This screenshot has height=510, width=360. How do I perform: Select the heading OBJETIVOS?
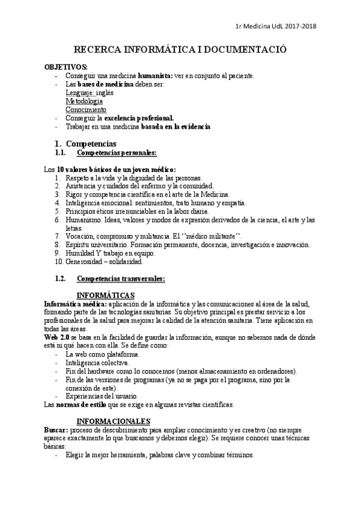tap(66, 66)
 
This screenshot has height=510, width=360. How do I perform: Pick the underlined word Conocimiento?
tap(86, 110)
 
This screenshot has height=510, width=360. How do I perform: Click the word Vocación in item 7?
tap(82, 237)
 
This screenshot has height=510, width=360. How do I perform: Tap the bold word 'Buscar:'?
tap(56, 430)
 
